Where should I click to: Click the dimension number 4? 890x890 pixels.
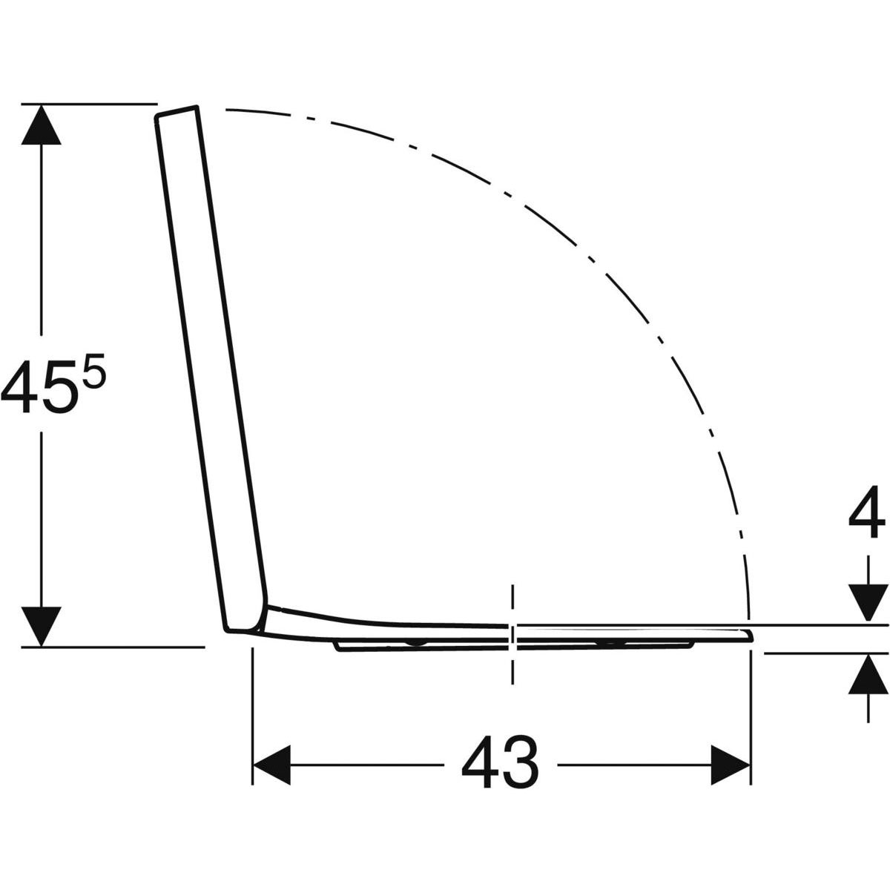(x=866, y=511)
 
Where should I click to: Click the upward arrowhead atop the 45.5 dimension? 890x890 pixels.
(x=41, y=125)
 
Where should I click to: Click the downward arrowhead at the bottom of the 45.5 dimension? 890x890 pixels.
(x=41, y=626)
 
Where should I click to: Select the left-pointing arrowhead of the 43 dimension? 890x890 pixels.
(x=272, y=765)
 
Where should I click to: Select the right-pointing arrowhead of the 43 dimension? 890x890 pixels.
(x=730, y=765)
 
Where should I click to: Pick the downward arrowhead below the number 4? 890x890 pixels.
(x=868, y=603)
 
